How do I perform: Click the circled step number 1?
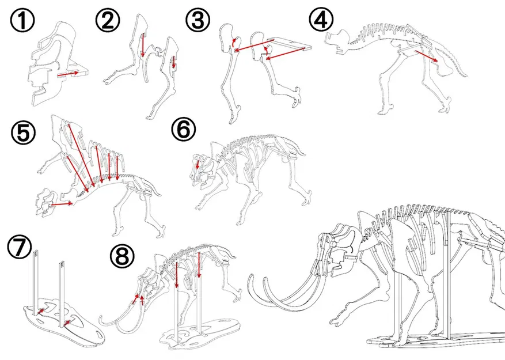click(22, 20)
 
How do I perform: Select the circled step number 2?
click(108, 20)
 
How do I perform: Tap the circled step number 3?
click(198, 20)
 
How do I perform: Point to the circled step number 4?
click(321, 20)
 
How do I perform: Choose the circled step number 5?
click(23, 132)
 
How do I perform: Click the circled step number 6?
click(183, 129)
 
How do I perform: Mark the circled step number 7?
click(20, 247)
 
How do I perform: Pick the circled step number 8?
click(122, 256)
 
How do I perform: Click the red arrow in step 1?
click(67, 74)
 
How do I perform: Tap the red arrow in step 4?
click(427, 55)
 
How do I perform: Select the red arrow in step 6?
click(197, 164)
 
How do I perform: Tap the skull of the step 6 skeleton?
click(202, 171)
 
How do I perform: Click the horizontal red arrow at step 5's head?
click(62, 204)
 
